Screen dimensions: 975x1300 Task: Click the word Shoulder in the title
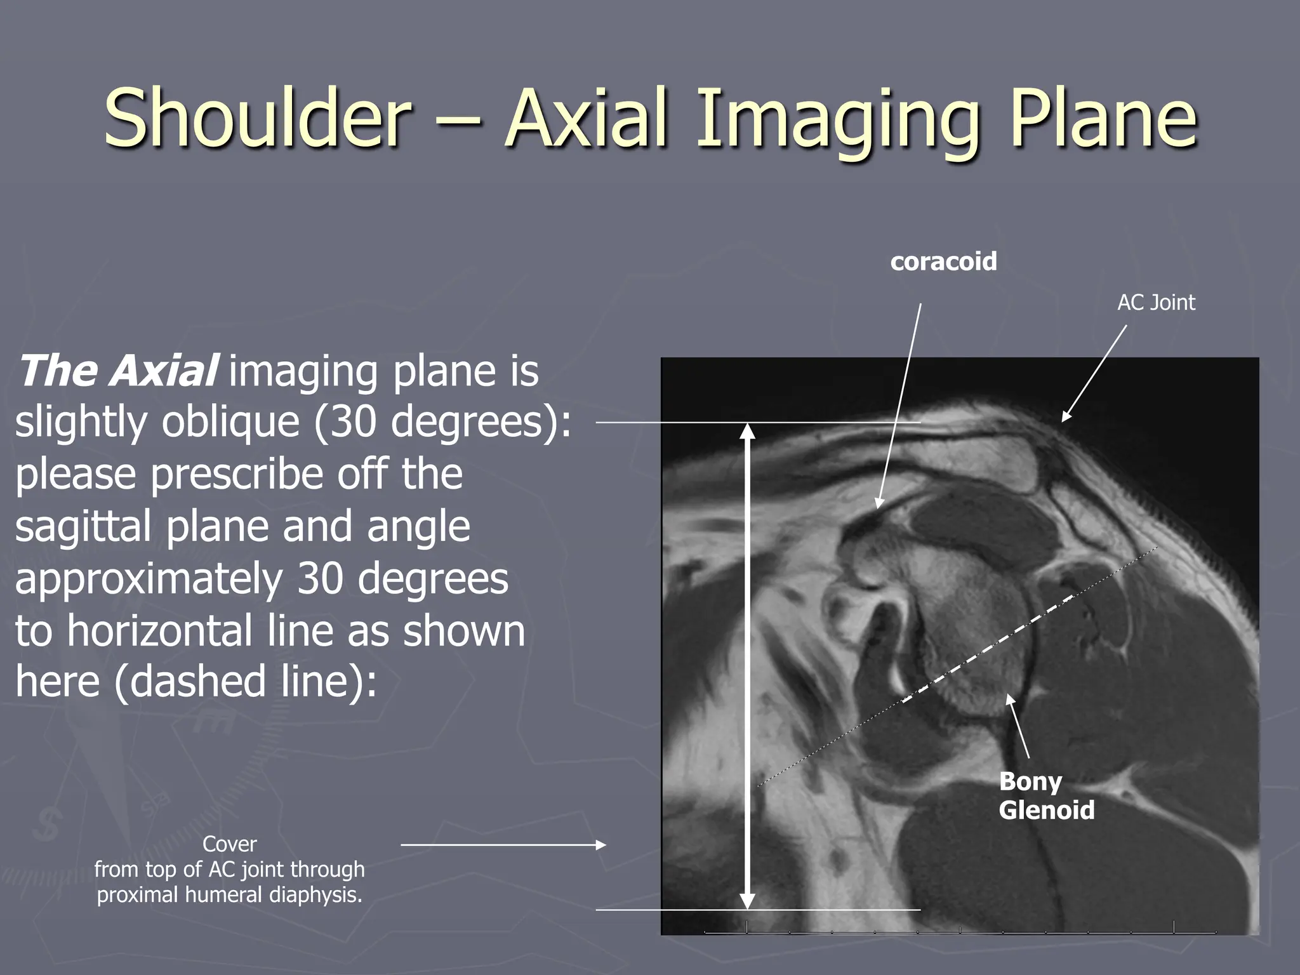pos(256,119)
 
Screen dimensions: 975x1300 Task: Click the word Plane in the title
pos(1104,119)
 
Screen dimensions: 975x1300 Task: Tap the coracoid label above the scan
pos(943,262)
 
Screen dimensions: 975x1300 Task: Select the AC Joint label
pos(1156,303)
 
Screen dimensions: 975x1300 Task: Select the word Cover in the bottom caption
pos(229,844)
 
